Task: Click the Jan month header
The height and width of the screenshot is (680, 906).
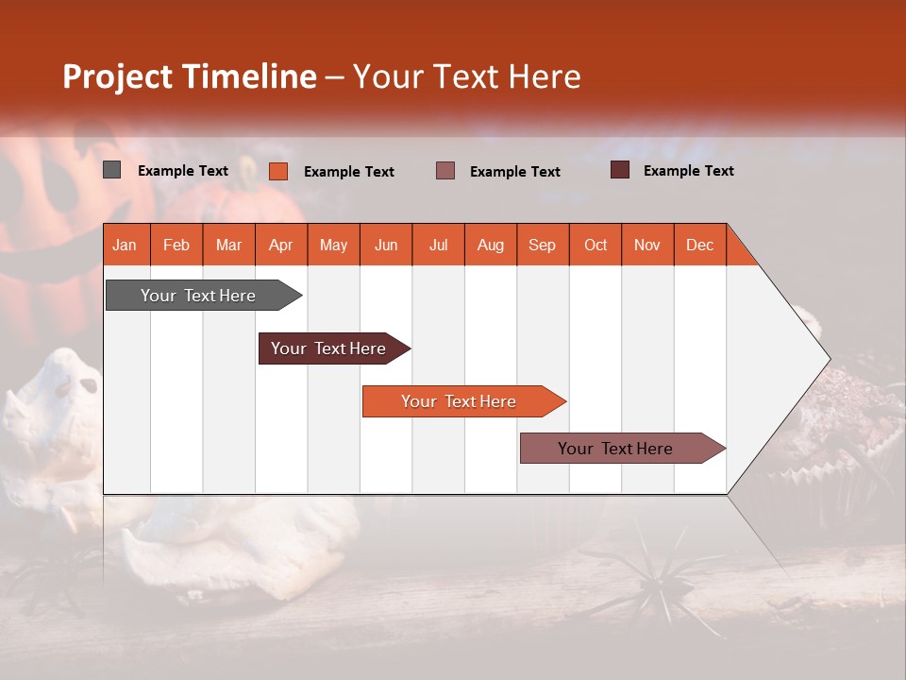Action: click(125, 245)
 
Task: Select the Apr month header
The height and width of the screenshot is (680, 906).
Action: click(280, 245)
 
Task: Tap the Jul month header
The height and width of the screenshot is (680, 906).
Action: click(438, 245)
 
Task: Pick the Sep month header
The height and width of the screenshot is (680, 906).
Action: click(542, 245)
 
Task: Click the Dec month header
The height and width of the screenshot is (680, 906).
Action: click(699, 245)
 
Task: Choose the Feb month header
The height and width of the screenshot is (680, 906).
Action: click(176, 245)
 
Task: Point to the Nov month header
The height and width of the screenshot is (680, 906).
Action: click(646, 245)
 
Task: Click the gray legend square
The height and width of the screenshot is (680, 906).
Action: click(112, 170)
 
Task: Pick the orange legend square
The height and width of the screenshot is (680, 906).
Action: click(278, 171)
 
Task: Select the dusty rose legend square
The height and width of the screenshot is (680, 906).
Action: click(445, 171)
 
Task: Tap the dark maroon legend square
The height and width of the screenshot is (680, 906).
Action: click(620, 170)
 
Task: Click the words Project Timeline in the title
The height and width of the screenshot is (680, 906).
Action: click(190, 76)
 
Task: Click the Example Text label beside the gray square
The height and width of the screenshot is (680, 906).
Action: click(183, 171)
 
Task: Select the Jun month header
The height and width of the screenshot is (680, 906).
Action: click(386, 245)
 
